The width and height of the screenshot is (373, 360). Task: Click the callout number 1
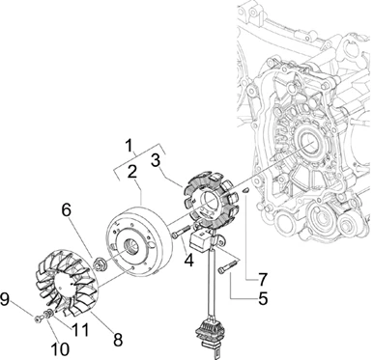tap(129, 146)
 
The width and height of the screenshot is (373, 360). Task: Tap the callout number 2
tap(131, 173)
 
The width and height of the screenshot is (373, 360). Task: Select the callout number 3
tap(156, 160)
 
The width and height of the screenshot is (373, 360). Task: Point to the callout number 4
tap(188, 260)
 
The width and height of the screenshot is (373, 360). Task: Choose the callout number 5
tap(263, 298)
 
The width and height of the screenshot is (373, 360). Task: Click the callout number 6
tap(67, 210)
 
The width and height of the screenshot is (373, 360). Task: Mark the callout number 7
tap(263, 279)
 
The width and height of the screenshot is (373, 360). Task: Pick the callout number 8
tap(118, 340)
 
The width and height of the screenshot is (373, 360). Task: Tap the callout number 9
tap(6, 299)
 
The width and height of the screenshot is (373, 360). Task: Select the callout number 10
tap(61, 348)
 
